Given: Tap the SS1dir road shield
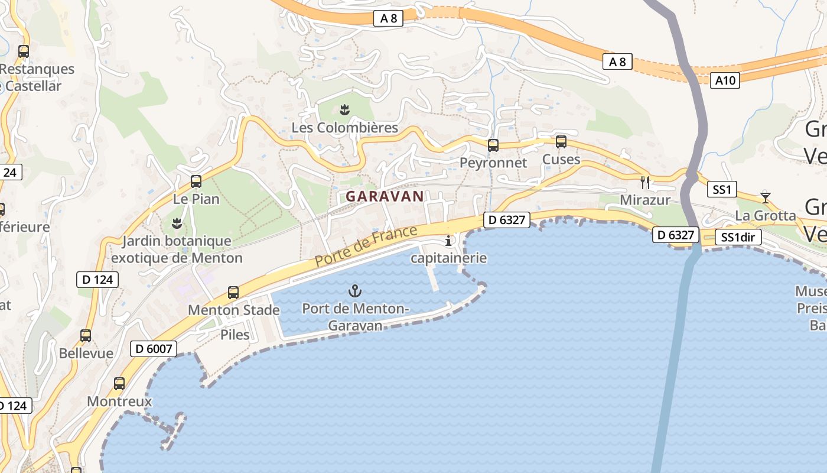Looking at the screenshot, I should point(738,238).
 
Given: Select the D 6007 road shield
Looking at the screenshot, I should point(154,349).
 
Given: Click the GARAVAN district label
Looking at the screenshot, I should point(385,196).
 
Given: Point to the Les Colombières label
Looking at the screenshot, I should point(345,128).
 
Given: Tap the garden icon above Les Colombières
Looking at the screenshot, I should point(345,109).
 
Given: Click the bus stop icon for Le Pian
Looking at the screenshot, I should point(196,182).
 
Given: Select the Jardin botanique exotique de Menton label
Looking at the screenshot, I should point(177,250).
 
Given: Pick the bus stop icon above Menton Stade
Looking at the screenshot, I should point(233,292).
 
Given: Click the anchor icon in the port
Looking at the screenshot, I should point(354,290).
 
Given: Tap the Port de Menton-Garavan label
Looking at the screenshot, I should point(354,317).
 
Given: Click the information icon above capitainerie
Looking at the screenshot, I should point(448,241).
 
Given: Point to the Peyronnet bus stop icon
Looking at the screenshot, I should point(493,145).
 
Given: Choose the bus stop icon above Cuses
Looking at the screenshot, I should point(561,142).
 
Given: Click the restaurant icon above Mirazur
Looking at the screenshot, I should point(645,182).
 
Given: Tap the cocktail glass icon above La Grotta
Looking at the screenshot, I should point(766,197).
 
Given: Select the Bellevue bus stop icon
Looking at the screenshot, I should point(86,336).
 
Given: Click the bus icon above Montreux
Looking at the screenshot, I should point(119,383).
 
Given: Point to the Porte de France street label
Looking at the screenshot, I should point(366,245).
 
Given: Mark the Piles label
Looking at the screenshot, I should point(235,335).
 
